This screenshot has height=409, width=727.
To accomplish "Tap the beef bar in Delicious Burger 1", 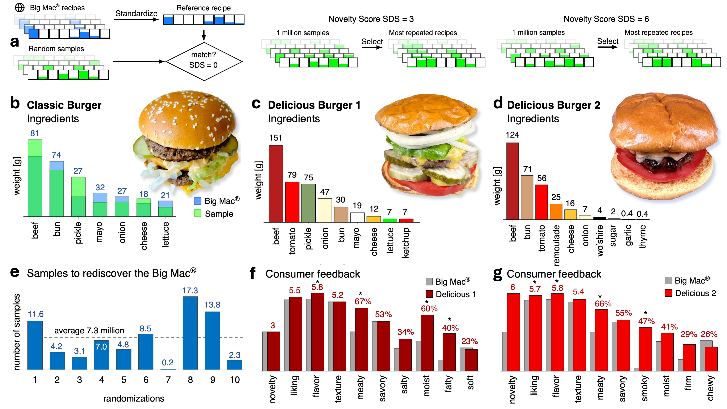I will point(276,183).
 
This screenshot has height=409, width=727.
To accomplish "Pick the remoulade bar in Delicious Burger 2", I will point(556,212).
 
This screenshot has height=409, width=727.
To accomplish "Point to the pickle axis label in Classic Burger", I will point(78,233).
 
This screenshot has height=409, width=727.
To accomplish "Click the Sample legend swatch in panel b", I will point(198,214).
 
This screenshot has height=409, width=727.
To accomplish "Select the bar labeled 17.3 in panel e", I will point(190,333).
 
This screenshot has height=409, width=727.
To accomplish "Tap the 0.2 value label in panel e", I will point(168,362).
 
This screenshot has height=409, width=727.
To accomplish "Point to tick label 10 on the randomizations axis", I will point(235,380).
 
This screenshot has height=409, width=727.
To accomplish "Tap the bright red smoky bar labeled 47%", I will point(645,349).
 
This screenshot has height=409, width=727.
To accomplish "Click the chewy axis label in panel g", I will point(710,388).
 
